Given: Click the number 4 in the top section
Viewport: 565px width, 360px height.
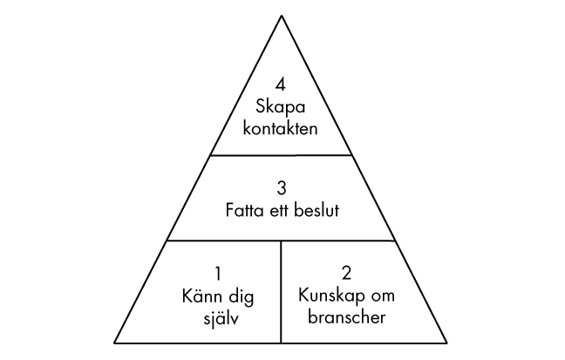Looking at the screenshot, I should [280, 85].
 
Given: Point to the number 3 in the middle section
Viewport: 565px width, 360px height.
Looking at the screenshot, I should [281, 187].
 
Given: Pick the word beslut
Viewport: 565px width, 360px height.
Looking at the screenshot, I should [320, 209].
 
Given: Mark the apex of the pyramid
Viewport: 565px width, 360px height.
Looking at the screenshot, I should [281, 16].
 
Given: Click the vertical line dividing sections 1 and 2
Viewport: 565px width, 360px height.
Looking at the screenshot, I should [281, 292].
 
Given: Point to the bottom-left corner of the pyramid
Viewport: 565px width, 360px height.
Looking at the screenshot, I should [112, 343].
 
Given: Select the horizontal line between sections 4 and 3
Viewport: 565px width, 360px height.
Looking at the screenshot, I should [280, 155].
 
